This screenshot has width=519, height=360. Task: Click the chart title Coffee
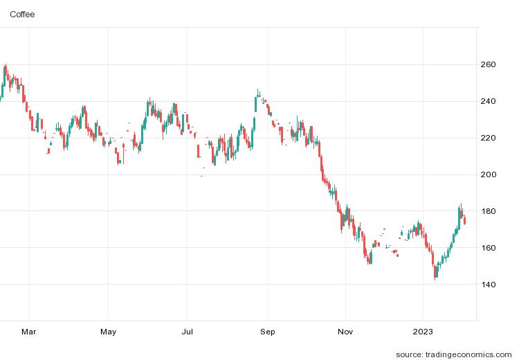pos(22,14)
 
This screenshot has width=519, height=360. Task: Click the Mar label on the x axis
pos(28,332)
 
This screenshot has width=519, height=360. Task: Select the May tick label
pos(108,332)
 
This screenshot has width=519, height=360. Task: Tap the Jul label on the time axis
pos(188,332)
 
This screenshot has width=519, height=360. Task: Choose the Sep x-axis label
pos(268,332)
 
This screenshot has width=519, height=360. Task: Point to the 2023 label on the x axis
pos(424,332)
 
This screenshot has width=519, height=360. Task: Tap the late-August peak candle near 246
pos(258,93)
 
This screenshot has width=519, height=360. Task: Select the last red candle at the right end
pos(465,221)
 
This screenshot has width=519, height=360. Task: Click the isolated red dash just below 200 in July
pos(201,176)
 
